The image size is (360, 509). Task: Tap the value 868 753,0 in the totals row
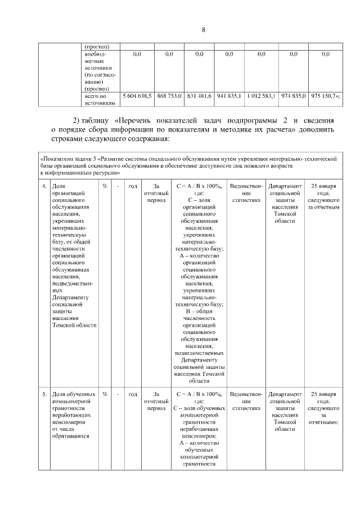click(x=169, y=96)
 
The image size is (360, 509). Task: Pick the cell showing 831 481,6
click(x=199, y=96)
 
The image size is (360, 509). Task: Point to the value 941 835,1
click(x=229, y=96)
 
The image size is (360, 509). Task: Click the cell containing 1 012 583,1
click(x=262, y=96)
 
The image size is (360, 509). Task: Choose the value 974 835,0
click(x=293, y=96)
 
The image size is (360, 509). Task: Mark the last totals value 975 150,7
click(x=325, y=96)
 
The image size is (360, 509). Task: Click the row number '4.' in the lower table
click(x=44, y=186)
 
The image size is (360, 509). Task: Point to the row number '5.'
click(x=44, y=394)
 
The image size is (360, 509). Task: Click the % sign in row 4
click(x=105, y=186)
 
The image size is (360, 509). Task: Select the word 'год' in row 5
click(x=133, y=394)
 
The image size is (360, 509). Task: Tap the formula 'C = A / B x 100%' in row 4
click(x=199, y=186)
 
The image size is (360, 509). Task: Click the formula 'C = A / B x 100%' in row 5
click(x=199, y=394)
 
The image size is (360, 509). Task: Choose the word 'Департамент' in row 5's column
click(x=285, y=394)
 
